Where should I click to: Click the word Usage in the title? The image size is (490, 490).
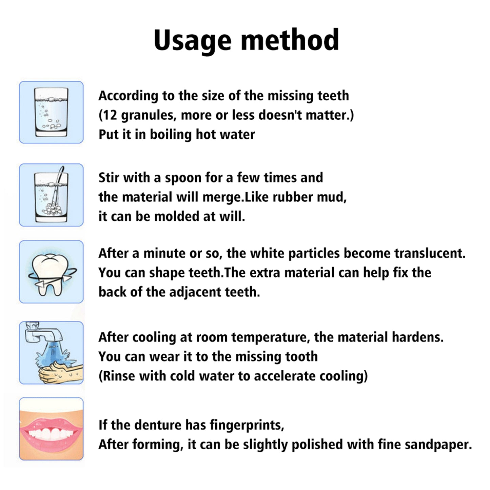pos(193,40)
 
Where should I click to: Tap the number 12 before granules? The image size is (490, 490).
pos(110,115)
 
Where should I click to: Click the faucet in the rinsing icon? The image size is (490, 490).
pos(42,334)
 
